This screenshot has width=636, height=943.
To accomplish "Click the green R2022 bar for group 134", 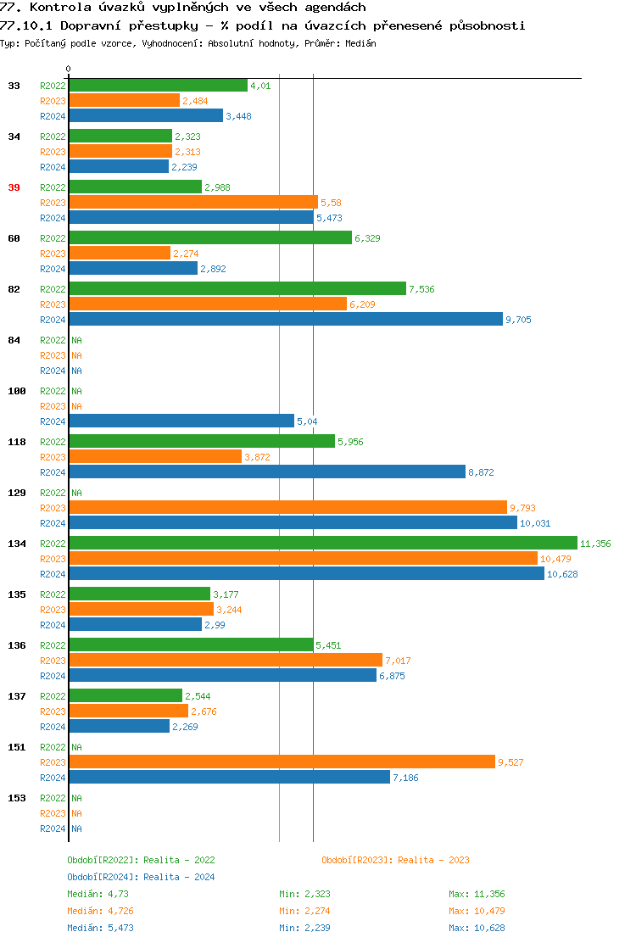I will [x=322, y=544].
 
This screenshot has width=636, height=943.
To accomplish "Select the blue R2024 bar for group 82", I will [x=285, y=320].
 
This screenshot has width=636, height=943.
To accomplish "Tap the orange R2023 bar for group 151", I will [x=282, y=762].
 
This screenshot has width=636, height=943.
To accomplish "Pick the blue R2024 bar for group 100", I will [x=181, y=421].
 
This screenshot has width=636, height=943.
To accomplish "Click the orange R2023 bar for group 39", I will [x=192, y=203].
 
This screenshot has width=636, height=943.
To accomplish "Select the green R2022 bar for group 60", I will [x=209, y=238].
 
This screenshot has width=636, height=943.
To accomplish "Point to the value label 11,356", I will [x=595, y=544].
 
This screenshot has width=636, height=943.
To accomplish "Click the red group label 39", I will [x=14, y=187].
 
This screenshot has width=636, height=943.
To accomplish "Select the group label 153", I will [x=16, y=798].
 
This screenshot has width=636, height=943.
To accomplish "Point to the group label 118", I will [x=16, y=442].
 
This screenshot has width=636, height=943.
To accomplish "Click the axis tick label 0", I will [x=69, y=69].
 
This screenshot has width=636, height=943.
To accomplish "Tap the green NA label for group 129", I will [x=76, y=493].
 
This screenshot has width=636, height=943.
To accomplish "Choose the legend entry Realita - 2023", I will [x=433, y=860].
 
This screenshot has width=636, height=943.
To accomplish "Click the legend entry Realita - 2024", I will [x=179, y=877].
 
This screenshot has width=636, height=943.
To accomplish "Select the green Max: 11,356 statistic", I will [x=477, y=894].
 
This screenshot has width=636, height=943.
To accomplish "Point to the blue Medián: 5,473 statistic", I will [x=98, y=928].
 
